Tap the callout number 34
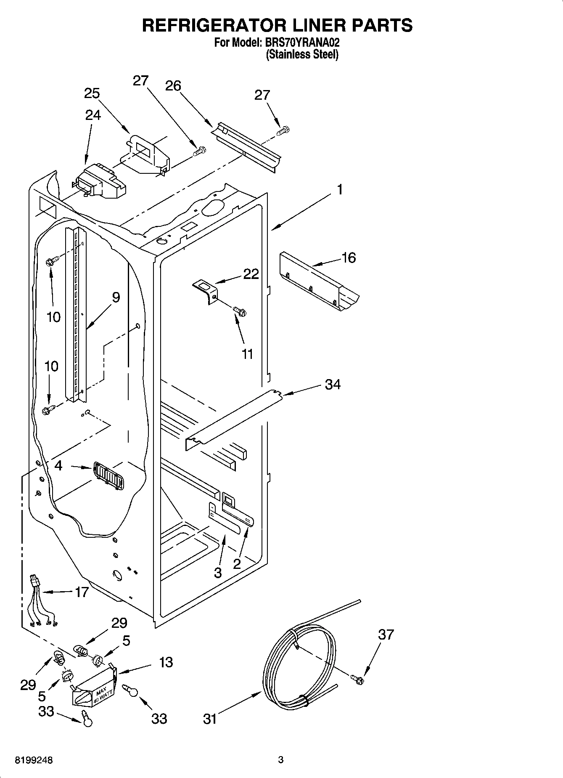pos(332,384)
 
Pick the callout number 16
pos(349,258)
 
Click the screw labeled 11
pos(240,312)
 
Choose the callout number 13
pos(166,662)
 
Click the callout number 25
pos(92,93)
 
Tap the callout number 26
pos(173,86)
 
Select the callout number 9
pos(116,297)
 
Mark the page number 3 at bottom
pos(281,760)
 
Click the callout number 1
pos(340,190)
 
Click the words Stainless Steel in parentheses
pos(302,55)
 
